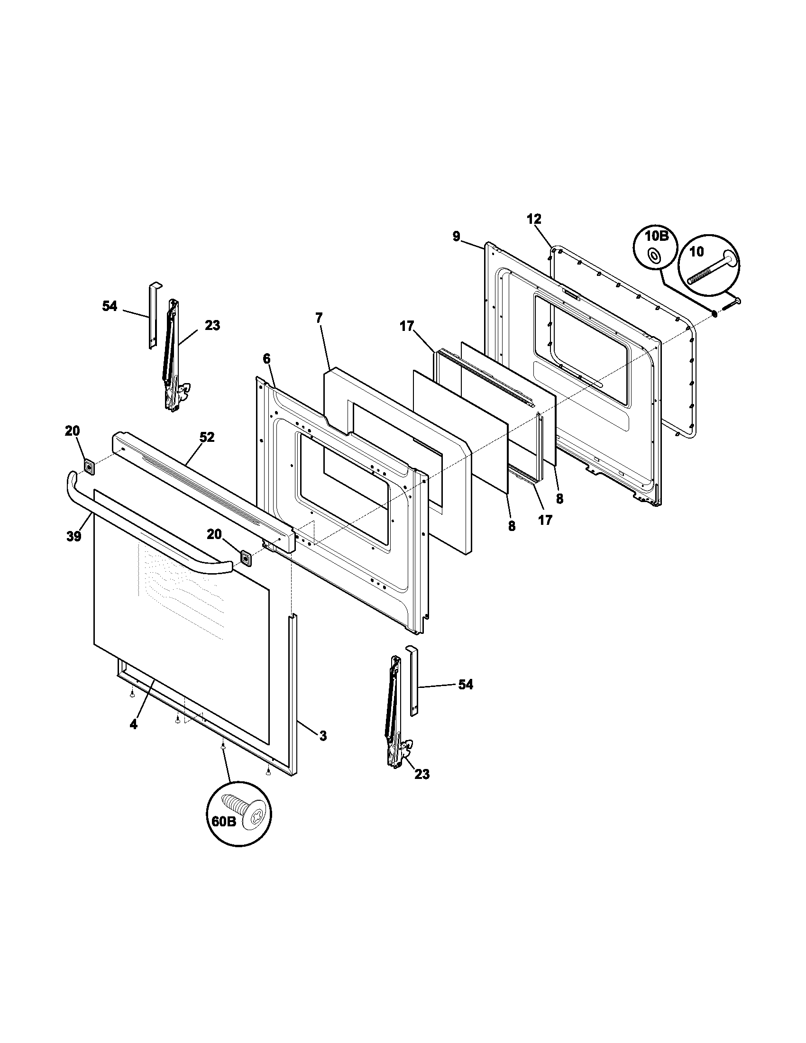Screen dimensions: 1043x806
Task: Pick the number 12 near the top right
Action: click(x=534, y=219)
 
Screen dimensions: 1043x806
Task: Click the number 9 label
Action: click(x=456, y=236)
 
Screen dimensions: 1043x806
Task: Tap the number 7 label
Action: click(x=319, y=318)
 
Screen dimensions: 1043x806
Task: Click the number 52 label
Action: click(x=207, y=437)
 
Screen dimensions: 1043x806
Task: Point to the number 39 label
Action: click(x=74, y=536)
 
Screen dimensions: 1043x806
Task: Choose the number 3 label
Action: click(x=323, y=736)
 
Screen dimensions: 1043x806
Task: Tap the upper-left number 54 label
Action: click(x=110, y=306)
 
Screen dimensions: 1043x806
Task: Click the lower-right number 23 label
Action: click(x=421, y=774)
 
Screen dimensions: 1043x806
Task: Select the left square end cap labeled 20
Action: click(x=88, y=466)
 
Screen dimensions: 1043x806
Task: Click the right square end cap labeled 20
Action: click(x=246, y=558)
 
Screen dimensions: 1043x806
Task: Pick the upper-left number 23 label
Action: click(x=212, y=325)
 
